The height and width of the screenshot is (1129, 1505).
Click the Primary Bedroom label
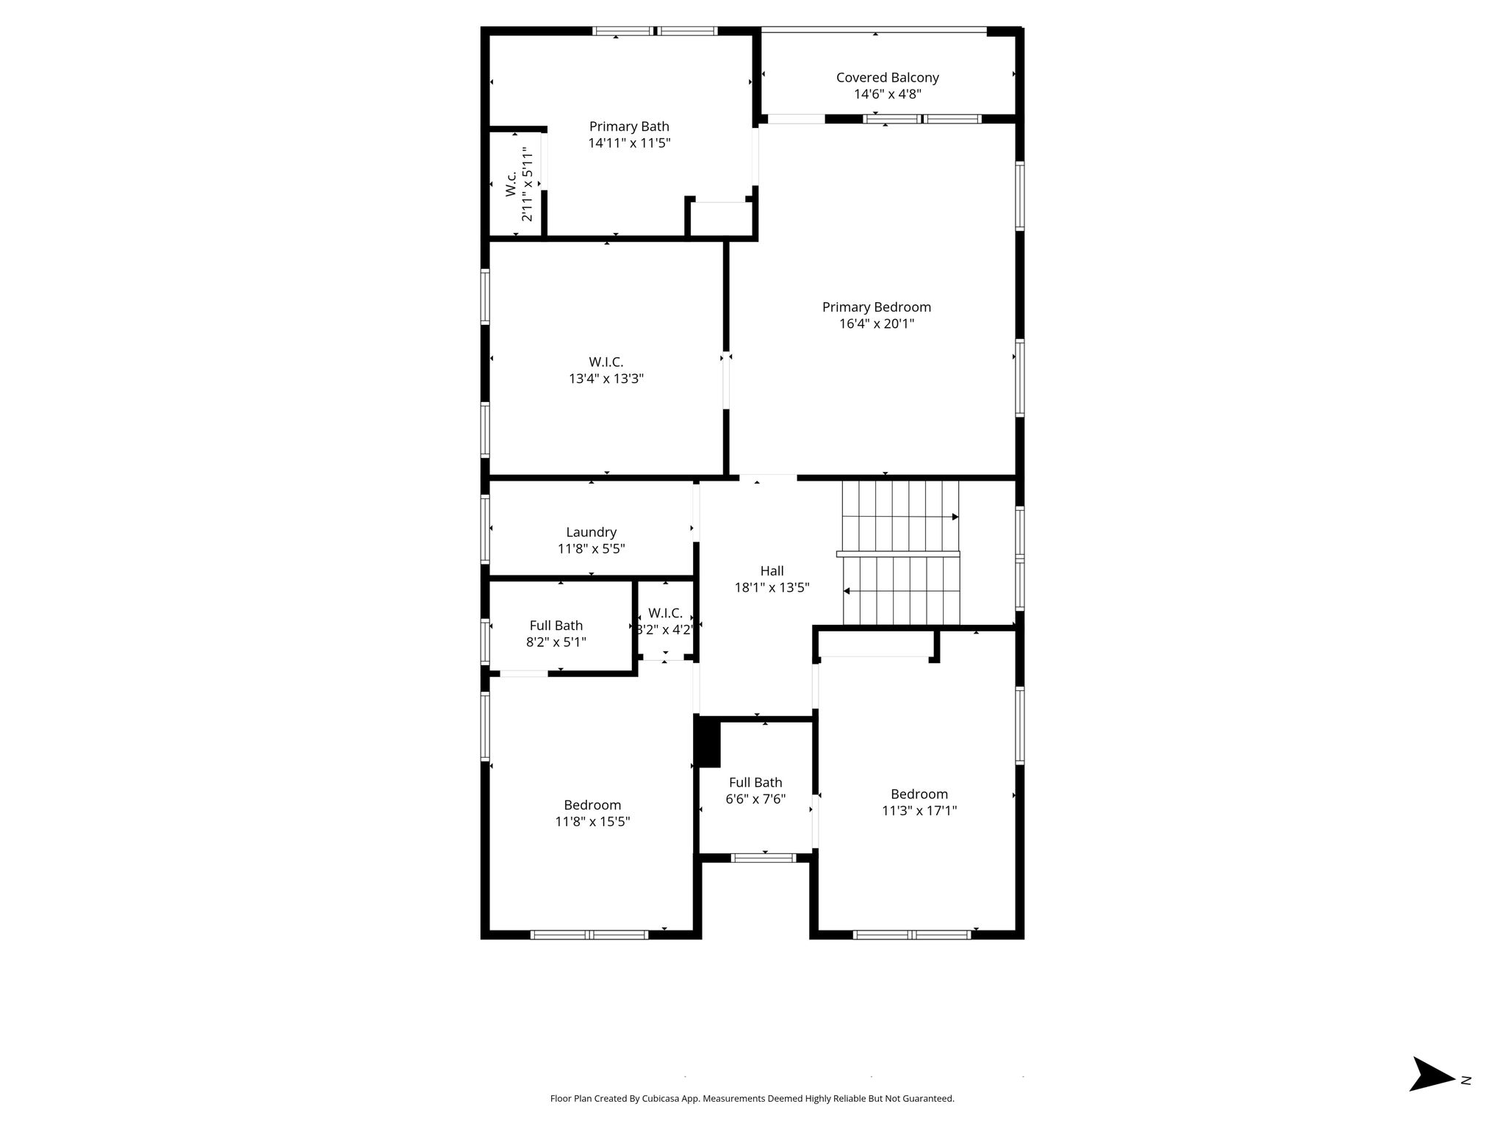click(x=876, y=307)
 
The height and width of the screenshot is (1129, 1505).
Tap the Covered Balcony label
click(x=888, y=77)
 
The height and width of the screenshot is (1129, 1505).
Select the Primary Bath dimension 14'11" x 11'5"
click(x=629, y=143)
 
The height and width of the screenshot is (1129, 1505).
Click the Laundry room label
click(x=591, y=532)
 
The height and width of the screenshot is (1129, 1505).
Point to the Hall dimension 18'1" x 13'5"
click(x=772, y=587)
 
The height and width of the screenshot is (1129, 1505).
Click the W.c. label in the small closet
click(x=511, y=184)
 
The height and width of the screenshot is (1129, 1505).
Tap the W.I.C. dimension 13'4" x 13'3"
click(x=606, y=379)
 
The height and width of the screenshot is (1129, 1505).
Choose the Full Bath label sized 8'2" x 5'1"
click(x=556, y=626)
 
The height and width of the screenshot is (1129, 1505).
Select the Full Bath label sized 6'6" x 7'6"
click(x=755, y=783)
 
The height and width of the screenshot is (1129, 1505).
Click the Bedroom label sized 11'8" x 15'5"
click(x=592, y=805)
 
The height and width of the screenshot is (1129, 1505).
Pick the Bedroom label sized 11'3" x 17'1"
click(x=919, y=794)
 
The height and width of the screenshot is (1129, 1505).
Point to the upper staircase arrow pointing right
click(x=900, y=517)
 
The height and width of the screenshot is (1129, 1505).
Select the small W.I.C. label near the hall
click(x=665, y=613)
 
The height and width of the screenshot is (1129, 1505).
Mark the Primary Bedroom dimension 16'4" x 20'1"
click(x=877, y=323)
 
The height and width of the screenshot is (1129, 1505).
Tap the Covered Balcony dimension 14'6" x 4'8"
click(x=888, y=94)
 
